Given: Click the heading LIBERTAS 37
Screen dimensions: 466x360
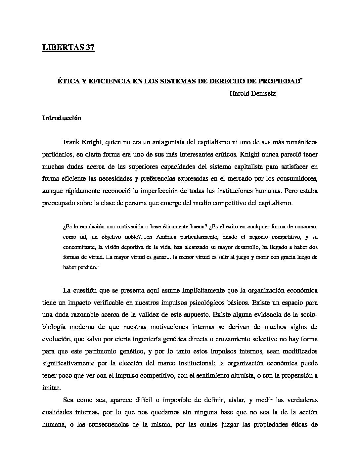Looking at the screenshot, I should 68,48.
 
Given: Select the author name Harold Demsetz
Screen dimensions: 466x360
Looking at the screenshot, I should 252,94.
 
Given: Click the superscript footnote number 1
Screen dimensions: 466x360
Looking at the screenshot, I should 98,264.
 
